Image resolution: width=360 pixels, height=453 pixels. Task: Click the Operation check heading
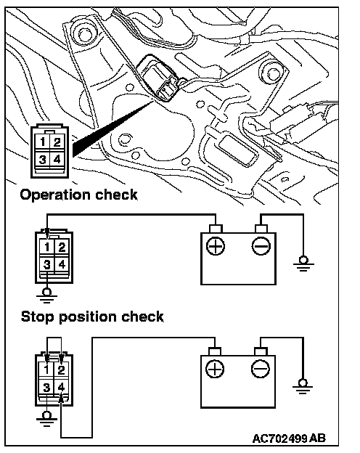coord(78,195)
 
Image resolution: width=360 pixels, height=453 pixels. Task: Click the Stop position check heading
coord(92,317)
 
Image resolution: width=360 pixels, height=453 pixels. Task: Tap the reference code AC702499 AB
coord(289,438)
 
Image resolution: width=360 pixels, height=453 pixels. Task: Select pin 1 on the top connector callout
coord(43,142)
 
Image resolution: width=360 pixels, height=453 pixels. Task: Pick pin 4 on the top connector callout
coord(57,159)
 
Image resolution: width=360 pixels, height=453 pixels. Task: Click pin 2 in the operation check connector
coord(62,248)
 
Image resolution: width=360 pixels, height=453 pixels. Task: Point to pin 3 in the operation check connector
coord(46,264)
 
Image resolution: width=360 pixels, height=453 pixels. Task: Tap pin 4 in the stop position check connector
coord(61,387)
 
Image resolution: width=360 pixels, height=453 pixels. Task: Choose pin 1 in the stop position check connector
coord(46,370)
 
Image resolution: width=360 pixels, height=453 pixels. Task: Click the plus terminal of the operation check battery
coord(216,246)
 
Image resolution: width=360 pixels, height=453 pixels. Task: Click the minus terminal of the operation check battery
coord(261,246)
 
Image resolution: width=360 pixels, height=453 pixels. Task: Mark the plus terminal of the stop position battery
coord(215,369)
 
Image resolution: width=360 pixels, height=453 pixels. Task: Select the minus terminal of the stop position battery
coord(261,369)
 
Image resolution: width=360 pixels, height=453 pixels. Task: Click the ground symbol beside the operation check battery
coord(303,263)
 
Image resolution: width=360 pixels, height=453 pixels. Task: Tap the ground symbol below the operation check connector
coord(46,295)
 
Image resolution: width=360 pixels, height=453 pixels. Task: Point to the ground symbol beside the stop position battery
coord(303,386)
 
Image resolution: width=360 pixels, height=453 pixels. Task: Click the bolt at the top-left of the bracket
coord(83,35)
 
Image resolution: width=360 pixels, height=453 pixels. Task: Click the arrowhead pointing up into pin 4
coord(61,399)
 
